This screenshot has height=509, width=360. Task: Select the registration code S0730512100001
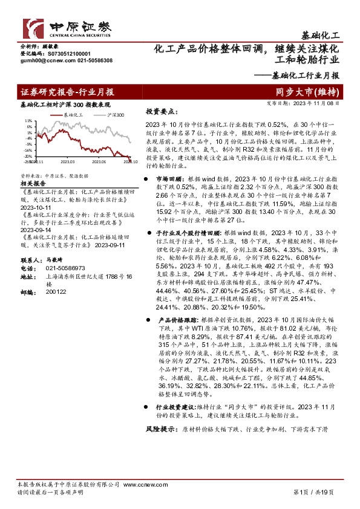coord(62,53)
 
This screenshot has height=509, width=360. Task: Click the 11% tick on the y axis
coord(28,121)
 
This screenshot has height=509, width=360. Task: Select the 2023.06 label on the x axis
coord(99,161)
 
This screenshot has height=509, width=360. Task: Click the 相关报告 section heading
coord(33,181)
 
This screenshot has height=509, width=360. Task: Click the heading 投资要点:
coord(161,112)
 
